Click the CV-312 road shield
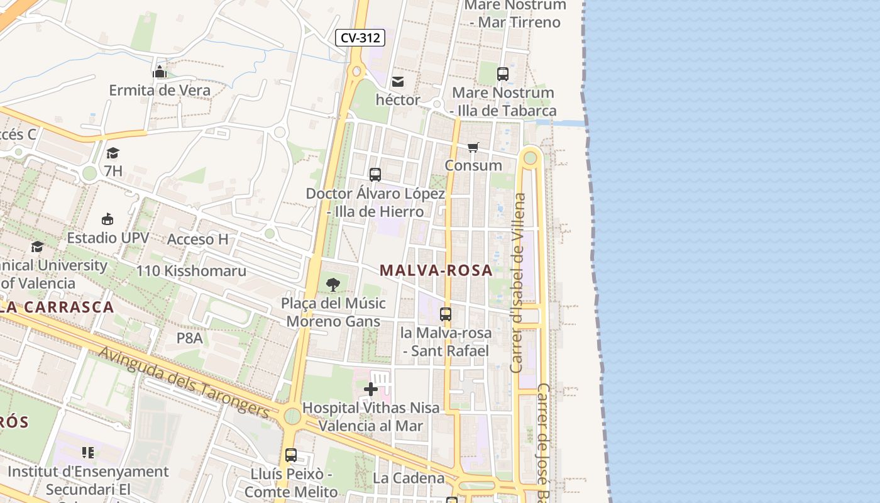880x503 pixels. (360, 38)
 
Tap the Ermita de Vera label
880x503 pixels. (160, 90)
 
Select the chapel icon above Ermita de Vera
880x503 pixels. (160, 72)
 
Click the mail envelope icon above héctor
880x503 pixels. (398, 82)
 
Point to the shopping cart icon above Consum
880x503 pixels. (473, 147)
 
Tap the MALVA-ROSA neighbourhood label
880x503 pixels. (436, 270)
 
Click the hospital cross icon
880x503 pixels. (371, 389)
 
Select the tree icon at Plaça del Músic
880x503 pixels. (333, 285)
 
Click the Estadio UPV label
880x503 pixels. (108, 238)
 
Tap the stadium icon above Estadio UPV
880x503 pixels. (107, 219)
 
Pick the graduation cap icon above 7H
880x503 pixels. (113, 153)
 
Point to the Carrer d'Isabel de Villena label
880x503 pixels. (518, 282)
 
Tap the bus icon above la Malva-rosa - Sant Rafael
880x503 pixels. (446, 314)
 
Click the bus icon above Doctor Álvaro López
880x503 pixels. (375, 175)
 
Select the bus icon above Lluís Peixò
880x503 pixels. (290, 455)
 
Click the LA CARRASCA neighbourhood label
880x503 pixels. (57, 307)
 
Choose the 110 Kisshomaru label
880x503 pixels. (191, 271)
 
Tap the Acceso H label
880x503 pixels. (197, 239)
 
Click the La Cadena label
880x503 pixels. (409, 478)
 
